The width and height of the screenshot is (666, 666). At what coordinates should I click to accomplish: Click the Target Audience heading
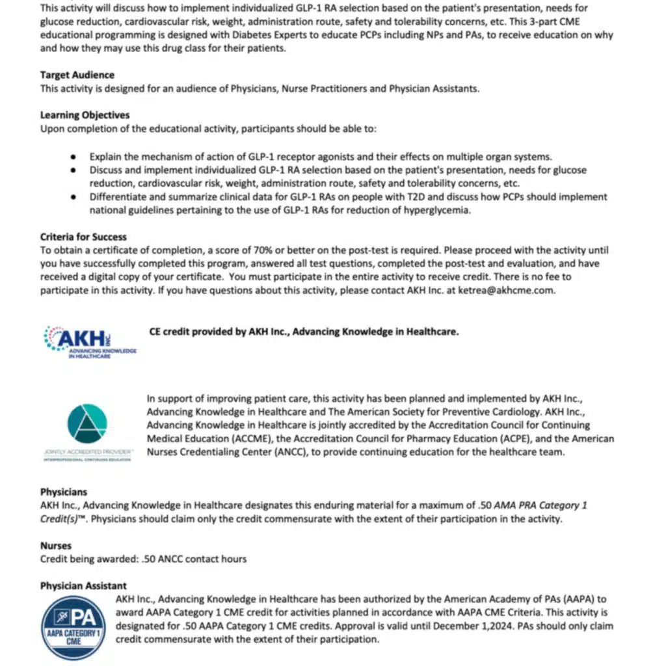point(77,75)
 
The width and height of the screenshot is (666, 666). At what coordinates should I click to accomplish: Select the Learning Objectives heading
point(85,115)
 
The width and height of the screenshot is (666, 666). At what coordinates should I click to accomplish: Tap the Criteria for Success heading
point(83,237)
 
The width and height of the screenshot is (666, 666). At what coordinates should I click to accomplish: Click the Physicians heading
point(64,492)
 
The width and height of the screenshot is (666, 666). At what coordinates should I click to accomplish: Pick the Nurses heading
point(56,546)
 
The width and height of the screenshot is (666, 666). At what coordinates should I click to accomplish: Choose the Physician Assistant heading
point(83,586)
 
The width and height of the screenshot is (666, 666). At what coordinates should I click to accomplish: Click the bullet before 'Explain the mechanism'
point(74,157)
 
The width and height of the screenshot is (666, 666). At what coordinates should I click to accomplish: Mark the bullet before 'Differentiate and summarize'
point(74,196)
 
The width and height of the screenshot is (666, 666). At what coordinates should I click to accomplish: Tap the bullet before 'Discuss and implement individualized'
point(74,170)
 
